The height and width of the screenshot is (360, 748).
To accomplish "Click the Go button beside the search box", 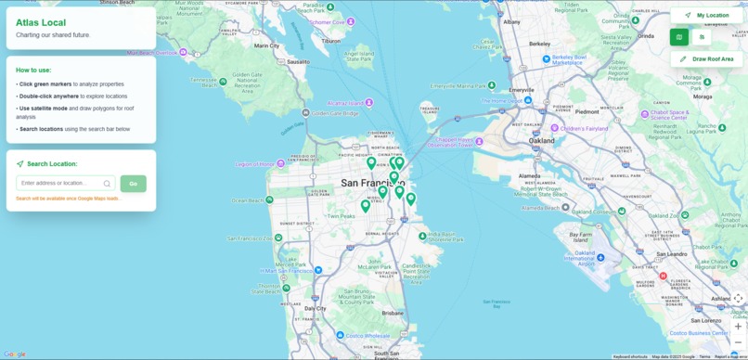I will pyautogui.click(x=133, y=184).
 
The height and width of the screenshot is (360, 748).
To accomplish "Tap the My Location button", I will pyautogui.click(x=706, y=16).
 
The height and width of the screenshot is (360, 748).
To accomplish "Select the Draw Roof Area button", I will pyautogui.click(x=706, y=59).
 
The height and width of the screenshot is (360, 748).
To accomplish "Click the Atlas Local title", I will pyautogui.click(x=41, y=22).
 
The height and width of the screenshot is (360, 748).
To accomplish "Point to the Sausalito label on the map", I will pyautogui.click(x=298, y=62).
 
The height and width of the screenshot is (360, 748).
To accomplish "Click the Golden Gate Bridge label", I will pyautogui.click(x=334, y=113).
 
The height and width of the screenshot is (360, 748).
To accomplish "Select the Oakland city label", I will pyautogui.click(x=541, y=141).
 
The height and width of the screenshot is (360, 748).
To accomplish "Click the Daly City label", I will pyautogui.click(x=316, y=308).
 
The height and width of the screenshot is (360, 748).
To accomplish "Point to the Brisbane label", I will pyautogui.click(x=393, y=314).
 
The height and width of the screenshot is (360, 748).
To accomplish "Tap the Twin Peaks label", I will pyautogui.click(x=341, y=216).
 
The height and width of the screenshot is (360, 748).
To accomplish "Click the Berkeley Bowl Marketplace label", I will pyautogui.click(x=569, y=60).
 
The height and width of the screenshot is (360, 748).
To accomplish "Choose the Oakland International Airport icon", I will pyautogui.click(x=600, y=257).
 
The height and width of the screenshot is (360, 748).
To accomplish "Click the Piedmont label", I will pyautogui.click(x=587, y=111).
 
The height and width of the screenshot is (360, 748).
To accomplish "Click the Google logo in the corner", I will pyautogui.click(x=15, y=354).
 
